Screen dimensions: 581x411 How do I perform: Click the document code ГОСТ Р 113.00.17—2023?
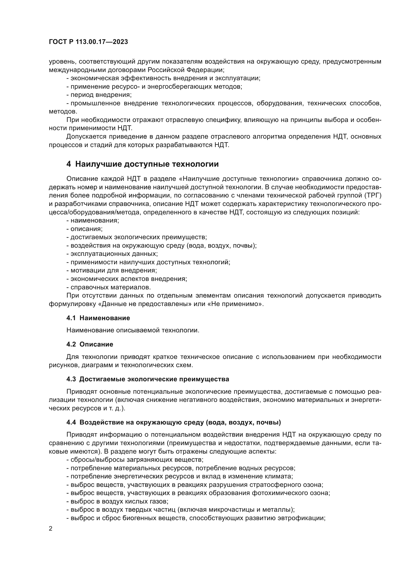(88, 42)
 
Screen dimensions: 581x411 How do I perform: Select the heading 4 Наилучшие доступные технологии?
(142, 164)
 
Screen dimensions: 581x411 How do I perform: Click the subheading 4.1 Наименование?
(98, 318)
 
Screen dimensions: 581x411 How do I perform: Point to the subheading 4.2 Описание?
(90, 344)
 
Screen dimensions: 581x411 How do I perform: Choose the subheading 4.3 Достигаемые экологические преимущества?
(148, 379)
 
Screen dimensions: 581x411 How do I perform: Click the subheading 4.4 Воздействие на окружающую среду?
(174, 422)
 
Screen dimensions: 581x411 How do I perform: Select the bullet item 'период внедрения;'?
(99, 95)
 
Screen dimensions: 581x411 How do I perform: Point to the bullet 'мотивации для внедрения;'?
(112, 271)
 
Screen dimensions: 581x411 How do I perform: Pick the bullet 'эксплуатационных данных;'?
(112, 254)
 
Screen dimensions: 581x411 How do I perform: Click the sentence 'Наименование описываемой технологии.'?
(133, 330)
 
